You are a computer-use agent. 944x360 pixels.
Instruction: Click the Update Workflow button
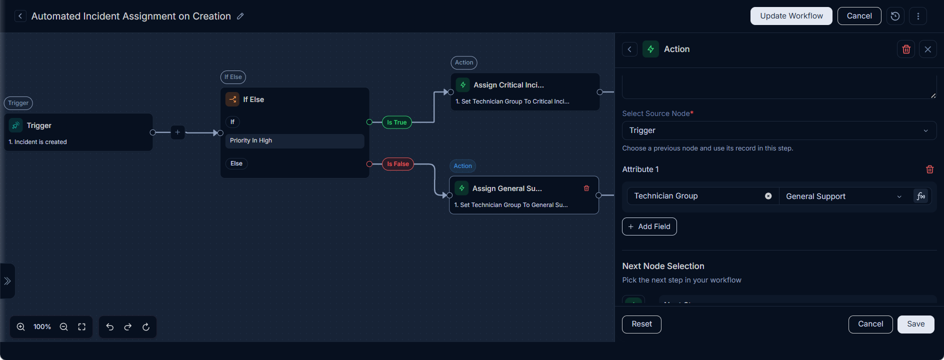pos(791,16)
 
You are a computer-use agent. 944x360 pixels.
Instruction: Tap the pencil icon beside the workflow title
pos(240,16)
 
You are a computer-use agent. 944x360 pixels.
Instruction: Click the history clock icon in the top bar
pos(895,16)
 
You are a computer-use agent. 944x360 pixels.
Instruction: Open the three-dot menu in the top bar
pos(918,16)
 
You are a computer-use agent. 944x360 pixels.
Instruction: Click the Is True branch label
pos(397,122)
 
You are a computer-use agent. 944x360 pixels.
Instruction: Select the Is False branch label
pos(398,164)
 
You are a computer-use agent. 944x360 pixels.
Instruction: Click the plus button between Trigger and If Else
pos(177,132)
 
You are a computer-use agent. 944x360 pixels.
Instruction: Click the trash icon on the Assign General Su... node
pos(586,188)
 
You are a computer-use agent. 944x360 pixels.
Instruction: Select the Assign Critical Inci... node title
pos(508,85)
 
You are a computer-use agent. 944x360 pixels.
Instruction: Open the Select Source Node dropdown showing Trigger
pos(779,130)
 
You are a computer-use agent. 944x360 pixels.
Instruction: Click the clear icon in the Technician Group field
pos(768,196)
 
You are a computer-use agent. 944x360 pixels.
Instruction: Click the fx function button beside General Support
pos(921,196)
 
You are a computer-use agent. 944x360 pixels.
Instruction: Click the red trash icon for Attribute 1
pos(930,169)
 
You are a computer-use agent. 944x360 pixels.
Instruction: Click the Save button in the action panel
pos(915,324)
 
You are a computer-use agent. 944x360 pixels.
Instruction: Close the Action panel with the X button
pos(928,49)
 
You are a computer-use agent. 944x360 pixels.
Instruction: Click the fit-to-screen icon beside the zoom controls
pos(82,327)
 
